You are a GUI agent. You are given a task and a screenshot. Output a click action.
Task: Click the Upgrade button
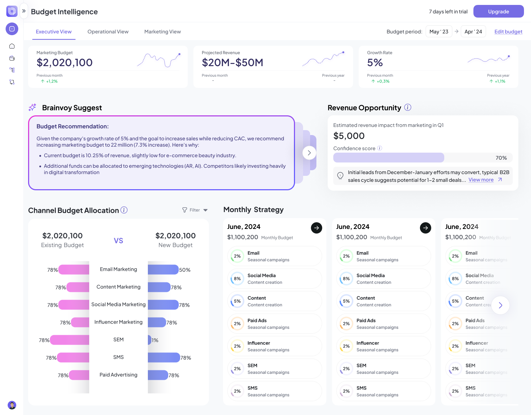pos(498,11)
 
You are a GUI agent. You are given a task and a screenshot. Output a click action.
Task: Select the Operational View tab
pos(108,32)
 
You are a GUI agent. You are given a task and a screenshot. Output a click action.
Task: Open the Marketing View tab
pos(162,32)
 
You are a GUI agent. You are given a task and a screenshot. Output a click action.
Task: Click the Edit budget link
pos(508,32)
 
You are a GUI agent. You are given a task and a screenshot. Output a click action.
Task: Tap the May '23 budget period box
pos(439,32)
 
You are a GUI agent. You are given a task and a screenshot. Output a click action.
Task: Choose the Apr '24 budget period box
pos(473,32)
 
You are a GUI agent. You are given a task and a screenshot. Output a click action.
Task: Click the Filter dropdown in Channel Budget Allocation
pos(195,210)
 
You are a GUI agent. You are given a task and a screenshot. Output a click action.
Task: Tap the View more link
pos(481,180)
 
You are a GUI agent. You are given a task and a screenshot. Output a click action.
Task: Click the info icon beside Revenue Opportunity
pos(407,107)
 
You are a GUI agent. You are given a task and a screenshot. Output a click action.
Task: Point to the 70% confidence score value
pos(501,158)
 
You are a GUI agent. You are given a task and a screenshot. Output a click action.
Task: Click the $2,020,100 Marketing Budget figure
pos(65,63)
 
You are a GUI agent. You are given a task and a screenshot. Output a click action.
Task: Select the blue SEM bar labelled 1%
pos(150,340)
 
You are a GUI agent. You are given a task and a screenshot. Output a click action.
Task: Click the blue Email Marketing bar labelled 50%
pos(163,270)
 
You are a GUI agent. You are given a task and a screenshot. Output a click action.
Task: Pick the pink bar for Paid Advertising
pos(79,375)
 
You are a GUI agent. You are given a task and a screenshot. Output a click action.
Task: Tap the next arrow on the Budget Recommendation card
pos(309,153)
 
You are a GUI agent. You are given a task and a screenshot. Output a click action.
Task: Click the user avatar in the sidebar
pos(12,405)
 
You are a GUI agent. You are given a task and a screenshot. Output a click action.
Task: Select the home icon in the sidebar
pos(12,46)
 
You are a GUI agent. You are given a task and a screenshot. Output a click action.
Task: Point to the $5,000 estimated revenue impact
pos(349,136)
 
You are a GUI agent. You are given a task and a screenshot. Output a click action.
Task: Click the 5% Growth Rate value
pos(375,63)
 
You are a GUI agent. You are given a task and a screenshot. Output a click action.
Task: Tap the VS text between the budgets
pos(118,241)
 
